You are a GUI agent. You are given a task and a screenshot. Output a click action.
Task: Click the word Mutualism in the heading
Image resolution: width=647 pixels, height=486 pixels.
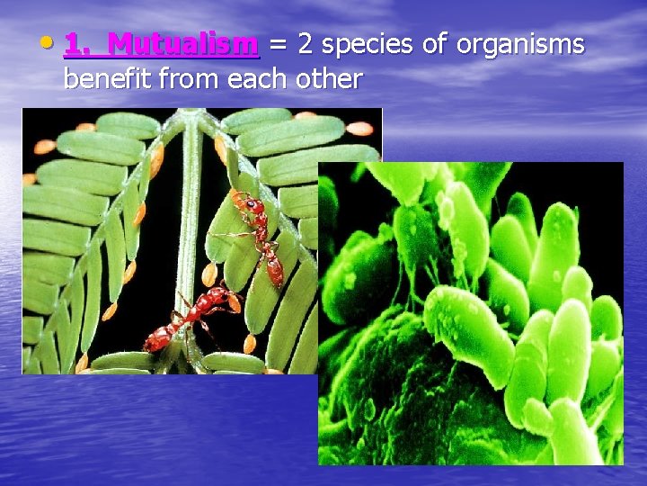coord(187,43)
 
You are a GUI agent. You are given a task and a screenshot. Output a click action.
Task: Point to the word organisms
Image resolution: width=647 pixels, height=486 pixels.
coord(523,45)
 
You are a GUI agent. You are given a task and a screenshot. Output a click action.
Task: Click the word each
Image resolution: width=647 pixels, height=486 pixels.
coord(255,79)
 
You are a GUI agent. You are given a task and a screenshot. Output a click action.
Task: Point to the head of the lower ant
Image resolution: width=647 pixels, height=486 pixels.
coord(233,296)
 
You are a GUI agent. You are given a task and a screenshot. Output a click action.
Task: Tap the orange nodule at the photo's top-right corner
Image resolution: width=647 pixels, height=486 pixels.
coord(359,129)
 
